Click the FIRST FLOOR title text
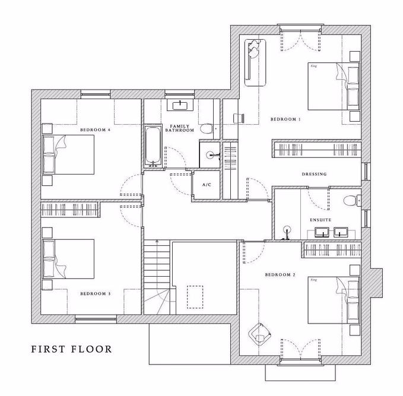click(x=71, y=349)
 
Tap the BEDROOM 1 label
click(x=285, y=119)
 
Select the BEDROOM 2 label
click(x=280, y=274)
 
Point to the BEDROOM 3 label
click(x=95, y=293)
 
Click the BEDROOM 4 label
click(x=96, y=129)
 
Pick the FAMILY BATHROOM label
click(x=180, y=128)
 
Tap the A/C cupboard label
click(x=207, y=185)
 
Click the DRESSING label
click(x=315, y=174)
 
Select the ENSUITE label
click(x=321, y=220)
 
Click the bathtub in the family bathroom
click(x=153, y=145)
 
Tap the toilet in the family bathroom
click(x=206, y=128)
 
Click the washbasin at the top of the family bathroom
click(x=180, y=106)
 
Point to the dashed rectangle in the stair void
click(x=195, y=297)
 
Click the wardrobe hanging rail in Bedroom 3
click(x=70, y=210)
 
